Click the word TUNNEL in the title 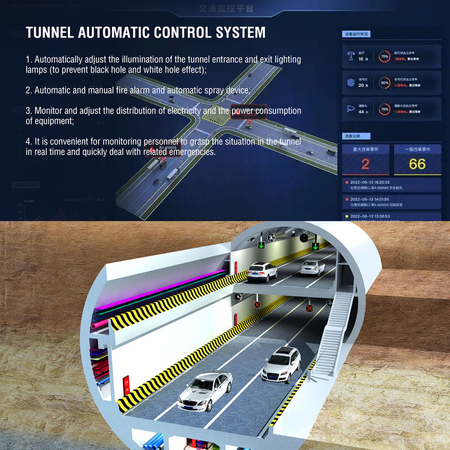[x=49, y=32]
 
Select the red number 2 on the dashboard [x=365, y=164]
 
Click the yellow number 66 [x=417, y=164]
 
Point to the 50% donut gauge [x=384, y=82]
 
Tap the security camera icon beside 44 [x=350, y=109]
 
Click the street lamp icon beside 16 [x=350, y=56]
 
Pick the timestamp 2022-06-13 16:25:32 [x=370, y=182]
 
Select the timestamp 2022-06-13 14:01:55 [x=370, y=199]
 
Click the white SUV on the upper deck [x=262, y=271]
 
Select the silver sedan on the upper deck [x=312, y=267]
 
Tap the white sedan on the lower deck [x=205, y=389]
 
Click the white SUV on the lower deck [x=281, y=364]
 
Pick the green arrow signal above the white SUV [x=261, y=245]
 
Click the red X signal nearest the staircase [x=309, y=308]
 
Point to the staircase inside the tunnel [x=336, y=333]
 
